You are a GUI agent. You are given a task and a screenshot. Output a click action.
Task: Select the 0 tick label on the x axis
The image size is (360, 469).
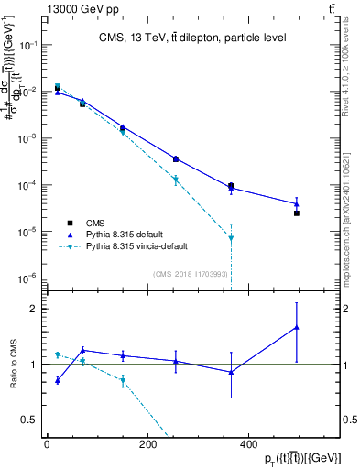click(x=47, y=444)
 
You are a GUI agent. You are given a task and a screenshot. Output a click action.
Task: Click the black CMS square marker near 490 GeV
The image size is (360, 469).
click(x=297, y=213)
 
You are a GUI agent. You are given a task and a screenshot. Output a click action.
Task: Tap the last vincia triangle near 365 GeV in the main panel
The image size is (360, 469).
click(x=231, y=238)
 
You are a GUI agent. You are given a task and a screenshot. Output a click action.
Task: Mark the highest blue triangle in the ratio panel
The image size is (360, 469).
click(x=297, y=327)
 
